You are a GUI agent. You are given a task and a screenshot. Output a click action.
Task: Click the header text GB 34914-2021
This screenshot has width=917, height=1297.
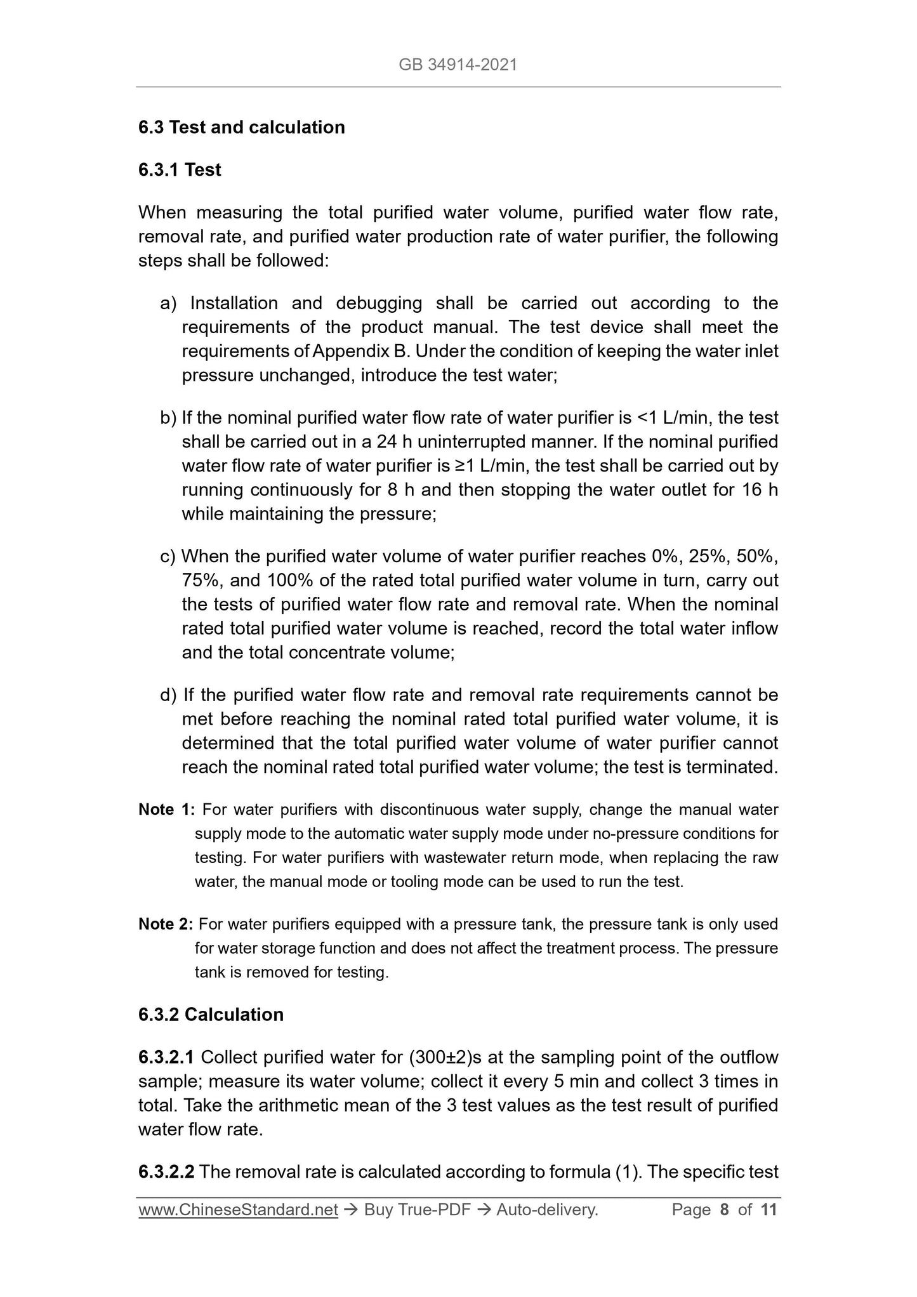(x=458, y=65)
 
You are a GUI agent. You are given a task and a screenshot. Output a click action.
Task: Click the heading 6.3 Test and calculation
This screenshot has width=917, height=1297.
(x=241, y=128)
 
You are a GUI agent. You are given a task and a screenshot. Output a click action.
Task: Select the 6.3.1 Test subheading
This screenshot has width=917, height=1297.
(x=180, y=170)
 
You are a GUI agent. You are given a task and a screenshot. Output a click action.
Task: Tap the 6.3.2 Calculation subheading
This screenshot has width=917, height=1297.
(x=211, y=1015)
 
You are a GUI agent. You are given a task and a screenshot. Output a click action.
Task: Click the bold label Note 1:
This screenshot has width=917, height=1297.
(x=167, y=810)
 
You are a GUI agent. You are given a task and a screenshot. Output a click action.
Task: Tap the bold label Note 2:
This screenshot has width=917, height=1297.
(x=166, y=925)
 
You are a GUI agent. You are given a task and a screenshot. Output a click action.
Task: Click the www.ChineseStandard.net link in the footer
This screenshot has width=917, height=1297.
(x=238, y=1211)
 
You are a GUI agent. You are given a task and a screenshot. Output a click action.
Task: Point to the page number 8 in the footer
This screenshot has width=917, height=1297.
(x=724, y=1211)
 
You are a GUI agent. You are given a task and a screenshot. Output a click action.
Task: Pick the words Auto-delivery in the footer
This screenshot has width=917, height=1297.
(x=547, y=1211)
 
